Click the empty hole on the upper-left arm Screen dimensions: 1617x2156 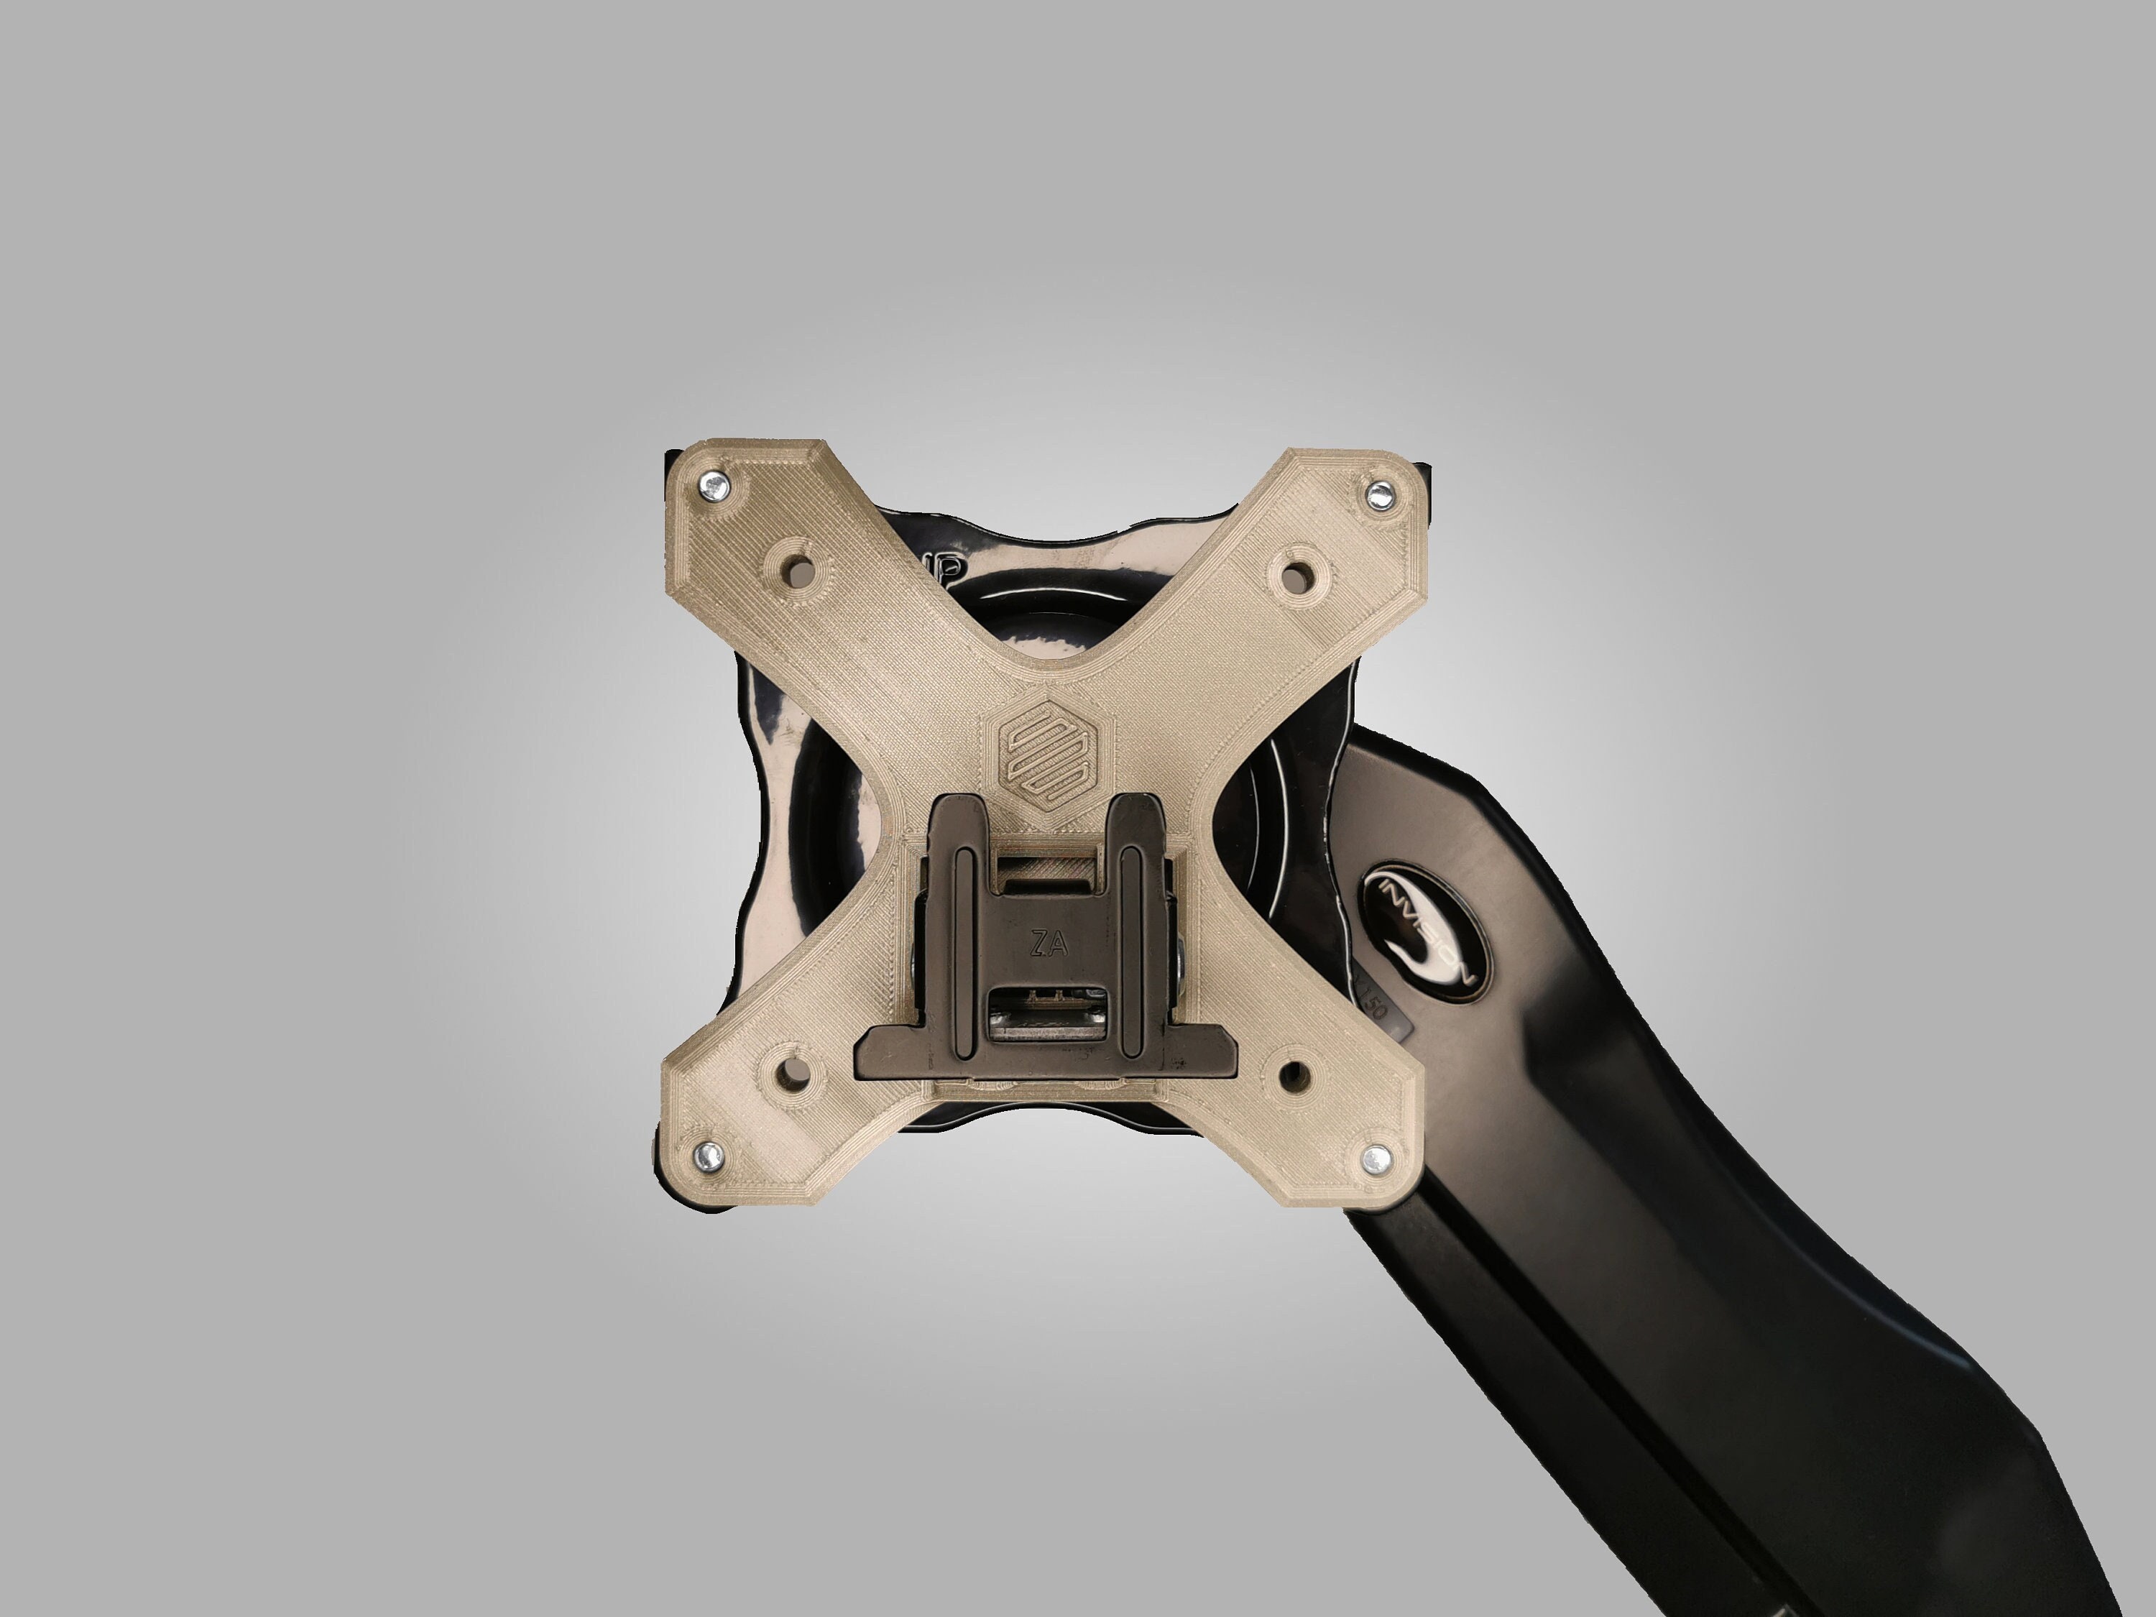click(799, 569)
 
